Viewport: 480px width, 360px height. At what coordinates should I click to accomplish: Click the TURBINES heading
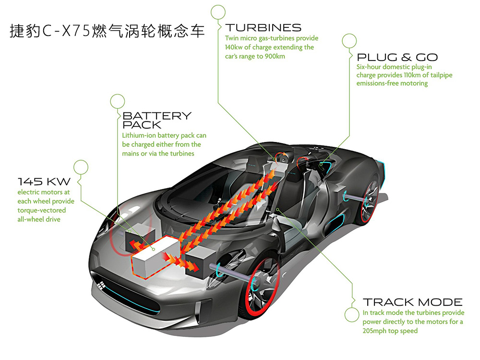point(264,27)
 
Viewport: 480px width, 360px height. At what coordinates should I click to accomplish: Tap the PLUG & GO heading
point(397,57)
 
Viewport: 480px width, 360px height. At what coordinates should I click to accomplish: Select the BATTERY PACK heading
point(156,120)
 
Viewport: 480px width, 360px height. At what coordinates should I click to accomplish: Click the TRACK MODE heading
point(412,302)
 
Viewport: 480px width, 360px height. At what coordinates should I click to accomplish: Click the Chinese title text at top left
point(107,32)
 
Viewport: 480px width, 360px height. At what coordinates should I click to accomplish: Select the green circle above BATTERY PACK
point(117,101)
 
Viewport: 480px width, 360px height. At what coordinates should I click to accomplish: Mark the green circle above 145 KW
point(81,167)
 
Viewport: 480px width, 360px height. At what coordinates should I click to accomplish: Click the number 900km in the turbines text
point(275,56)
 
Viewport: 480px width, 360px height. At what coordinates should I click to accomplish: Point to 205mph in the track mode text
point(376,331)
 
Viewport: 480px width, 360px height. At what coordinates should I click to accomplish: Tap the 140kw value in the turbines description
point(236,47)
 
